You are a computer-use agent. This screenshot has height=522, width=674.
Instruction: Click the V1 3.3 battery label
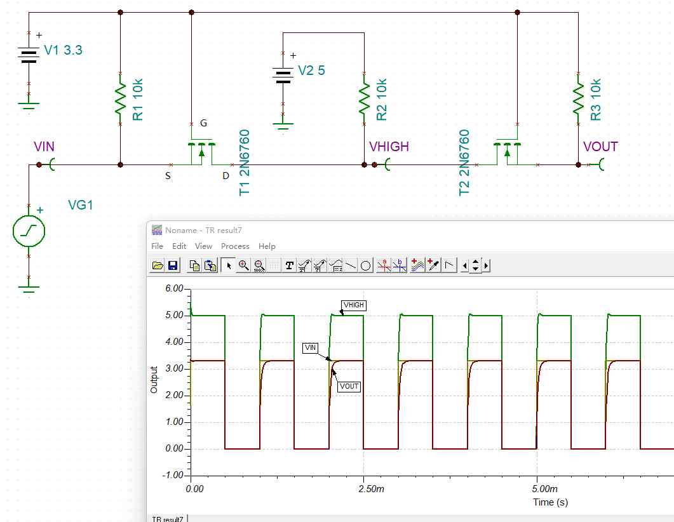click(x=63, y=50)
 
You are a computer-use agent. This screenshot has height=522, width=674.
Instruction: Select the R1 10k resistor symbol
click(x=120, y=99)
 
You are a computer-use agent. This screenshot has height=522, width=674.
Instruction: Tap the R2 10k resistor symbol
click(x=364, y=99)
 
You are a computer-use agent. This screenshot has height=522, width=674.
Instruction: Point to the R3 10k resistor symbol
click(x=578, y=99)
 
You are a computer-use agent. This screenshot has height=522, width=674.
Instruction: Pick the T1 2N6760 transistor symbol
click(x=201, y=152)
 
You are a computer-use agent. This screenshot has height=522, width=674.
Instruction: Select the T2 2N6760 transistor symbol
click(x=507, y=152)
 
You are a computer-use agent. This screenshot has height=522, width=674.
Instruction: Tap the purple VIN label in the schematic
click(x=44, y=147)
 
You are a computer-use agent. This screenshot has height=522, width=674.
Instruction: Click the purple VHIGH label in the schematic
click(x=389, y=147)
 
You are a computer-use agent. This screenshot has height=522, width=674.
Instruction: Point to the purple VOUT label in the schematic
click(x=600, y=147)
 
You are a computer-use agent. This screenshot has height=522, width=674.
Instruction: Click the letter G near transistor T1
click(x=204, y=123)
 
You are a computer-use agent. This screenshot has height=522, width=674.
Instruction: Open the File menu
click(x=157, y=246)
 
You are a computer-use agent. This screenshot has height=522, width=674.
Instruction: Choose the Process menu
click(x=235, y=246)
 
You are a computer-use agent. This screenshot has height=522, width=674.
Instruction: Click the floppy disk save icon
click(x=173, y=265)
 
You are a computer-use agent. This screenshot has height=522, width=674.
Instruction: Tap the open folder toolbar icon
click(x=158, y=265)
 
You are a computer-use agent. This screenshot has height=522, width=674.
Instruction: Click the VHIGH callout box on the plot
click(x=354, y=305)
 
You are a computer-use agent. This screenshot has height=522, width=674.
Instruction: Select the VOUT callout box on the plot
click(x=349, y=386)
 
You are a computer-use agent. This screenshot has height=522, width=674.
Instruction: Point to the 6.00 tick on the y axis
click(x=175, y=288)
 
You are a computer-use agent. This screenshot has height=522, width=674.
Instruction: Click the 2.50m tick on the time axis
click(x=371, y=489)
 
